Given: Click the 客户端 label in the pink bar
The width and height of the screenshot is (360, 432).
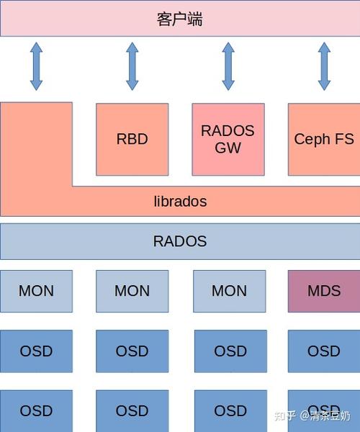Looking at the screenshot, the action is (x=180, y=19).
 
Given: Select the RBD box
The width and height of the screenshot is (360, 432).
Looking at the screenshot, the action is (x=132, y=140).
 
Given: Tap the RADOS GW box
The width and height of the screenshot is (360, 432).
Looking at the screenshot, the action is (x=228, y=140).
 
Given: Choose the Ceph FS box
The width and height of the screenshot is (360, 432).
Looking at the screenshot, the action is (x=324, y=140).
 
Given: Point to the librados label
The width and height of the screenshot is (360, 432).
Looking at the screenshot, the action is (x=180, y=202).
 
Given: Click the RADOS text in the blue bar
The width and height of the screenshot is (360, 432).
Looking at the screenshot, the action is (x=180, y=241).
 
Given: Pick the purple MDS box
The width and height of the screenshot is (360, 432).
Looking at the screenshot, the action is (x=324, y=291).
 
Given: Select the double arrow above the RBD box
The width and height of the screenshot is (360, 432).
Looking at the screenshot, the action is (x=132, y=66).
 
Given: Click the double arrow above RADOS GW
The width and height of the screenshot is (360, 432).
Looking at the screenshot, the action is (x=228, y=66).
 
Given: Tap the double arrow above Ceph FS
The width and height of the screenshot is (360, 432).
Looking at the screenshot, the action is (x=324, y=66).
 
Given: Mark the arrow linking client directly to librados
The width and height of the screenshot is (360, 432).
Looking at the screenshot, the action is (x=36, y=66).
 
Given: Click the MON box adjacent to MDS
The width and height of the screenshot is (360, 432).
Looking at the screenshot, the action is (x=230, y=291).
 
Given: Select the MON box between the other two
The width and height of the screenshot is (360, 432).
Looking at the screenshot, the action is (x=132, y=291).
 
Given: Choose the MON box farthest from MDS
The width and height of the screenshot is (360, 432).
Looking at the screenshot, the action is (x=36, y=291).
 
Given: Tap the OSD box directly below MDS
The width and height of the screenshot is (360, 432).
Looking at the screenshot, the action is (x=324, y=351).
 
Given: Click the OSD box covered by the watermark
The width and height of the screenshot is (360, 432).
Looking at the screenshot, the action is (x=324, y=411).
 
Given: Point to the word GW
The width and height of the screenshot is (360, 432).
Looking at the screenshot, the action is (x=228, y=148).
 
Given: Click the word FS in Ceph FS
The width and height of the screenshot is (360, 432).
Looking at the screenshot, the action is (x=344, y=139).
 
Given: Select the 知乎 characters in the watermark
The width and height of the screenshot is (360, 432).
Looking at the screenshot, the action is (x=285, y=415).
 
